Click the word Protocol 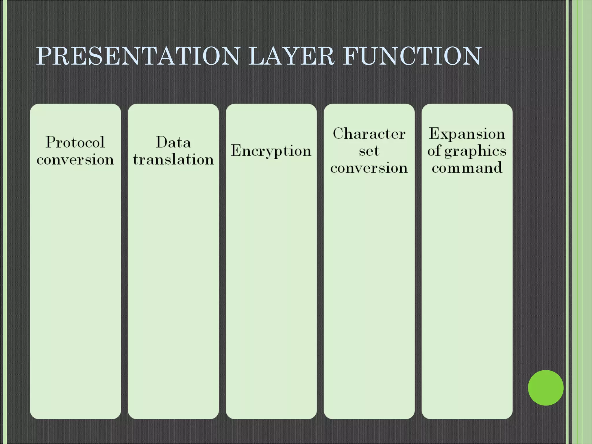coord(75,142)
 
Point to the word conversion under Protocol coord(75,160)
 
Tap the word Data coord(173,142)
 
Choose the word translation coord(173,160)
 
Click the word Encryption coord(271,151)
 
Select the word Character coord(369,134)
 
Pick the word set coord(369,151)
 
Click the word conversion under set coord(369,168)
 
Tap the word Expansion coord(467,134)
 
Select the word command coord(467,168)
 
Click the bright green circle coord(545,388)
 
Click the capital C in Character coord(338,134)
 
